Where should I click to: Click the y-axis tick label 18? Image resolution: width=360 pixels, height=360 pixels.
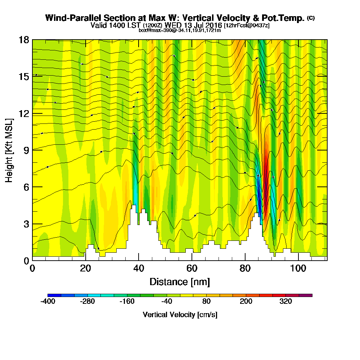(24, 40)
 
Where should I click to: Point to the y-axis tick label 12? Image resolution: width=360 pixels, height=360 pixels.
(24, 113)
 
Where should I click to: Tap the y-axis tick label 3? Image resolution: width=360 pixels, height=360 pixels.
(26, 224)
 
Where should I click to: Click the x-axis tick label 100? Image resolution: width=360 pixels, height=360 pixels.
(298, 268)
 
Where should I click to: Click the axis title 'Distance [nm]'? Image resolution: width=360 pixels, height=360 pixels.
(180, 282)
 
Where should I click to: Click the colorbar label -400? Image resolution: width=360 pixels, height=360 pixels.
(48, 302)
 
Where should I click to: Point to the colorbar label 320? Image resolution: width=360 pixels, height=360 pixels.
(286, 302)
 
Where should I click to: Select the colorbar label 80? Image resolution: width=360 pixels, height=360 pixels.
(206, 302)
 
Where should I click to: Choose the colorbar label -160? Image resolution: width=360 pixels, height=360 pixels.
(127, 302)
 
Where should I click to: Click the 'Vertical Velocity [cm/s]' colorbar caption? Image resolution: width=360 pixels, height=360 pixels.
(180, 315)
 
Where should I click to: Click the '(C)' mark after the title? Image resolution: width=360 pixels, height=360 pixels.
(311, 18)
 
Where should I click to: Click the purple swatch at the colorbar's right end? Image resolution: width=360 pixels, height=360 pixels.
(309, 295)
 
